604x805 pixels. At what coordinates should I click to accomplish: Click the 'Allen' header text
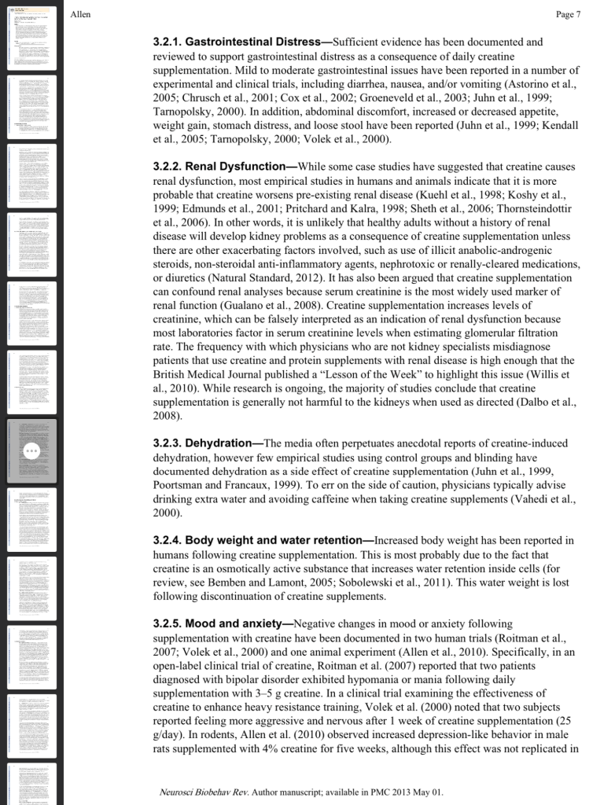coord(80,14)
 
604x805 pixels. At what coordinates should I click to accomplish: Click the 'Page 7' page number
coord(568,14)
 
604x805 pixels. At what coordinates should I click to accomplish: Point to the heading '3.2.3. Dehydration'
coord(207,443)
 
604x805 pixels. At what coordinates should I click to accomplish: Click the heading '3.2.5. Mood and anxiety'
coord(221,623)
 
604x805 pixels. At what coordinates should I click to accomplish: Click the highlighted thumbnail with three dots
coord(32,450)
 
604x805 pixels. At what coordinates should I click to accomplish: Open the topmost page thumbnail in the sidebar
coord(32,35)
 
